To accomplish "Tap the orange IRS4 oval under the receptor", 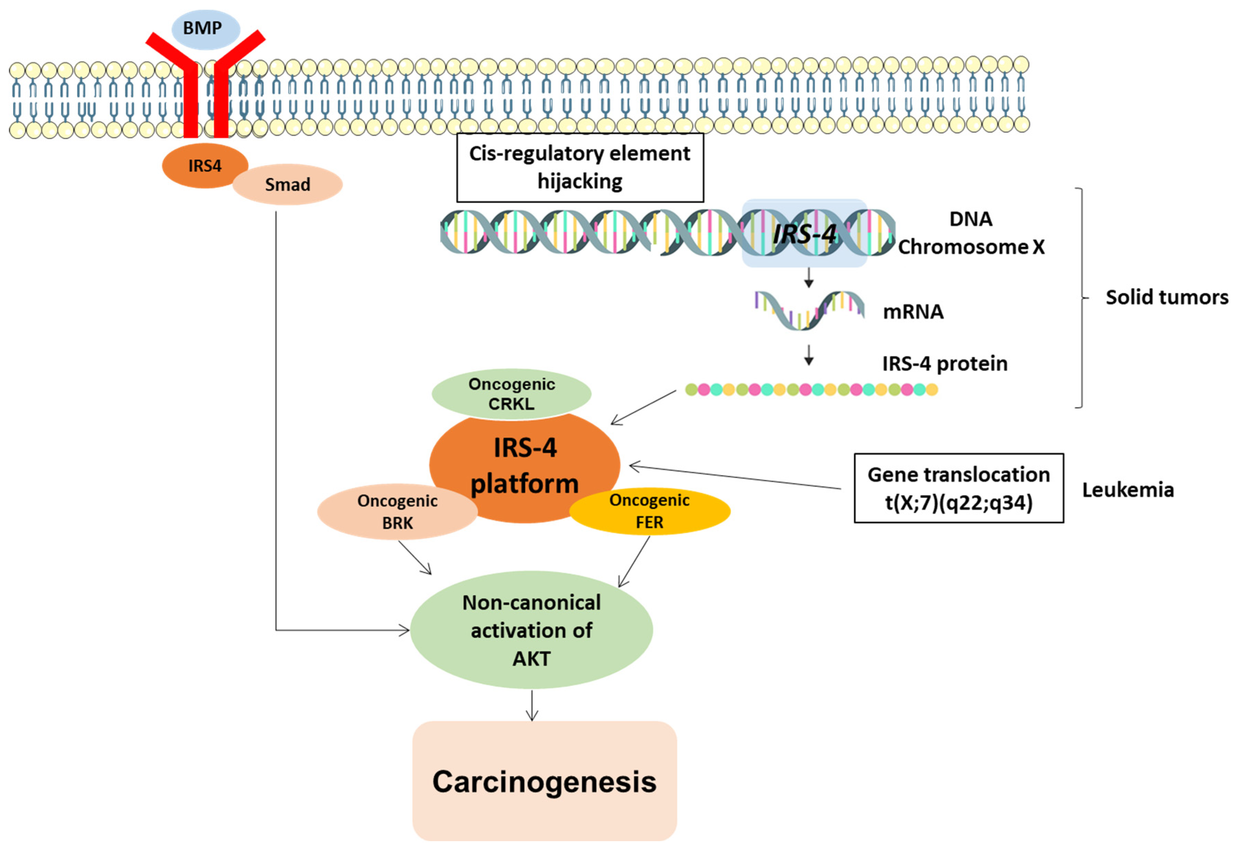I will pyautogui.click(x=204, y=166).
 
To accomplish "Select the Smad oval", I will pyautogui.click(x=288, y=185).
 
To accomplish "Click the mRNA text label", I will pyautogui.click(x=913, y=312).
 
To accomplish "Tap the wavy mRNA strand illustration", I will pyautogui.click(x=808, y=310).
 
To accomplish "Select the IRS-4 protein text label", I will pyautogui.click(x=944, y=364).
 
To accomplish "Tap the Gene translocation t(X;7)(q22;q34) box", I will pyautogui.click(x=959, y=488).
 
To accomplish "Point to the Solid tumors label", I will pyautogui.click(x=1166, y=297).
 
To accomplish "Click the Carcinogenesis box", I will pyautogui.click(x=544, y=781).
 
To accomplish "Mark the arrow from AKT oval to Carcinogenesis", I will pyautogui.click(x=531, y=706).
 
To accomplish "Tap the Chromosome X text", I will pyautogui.click(x=971, y=247).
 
